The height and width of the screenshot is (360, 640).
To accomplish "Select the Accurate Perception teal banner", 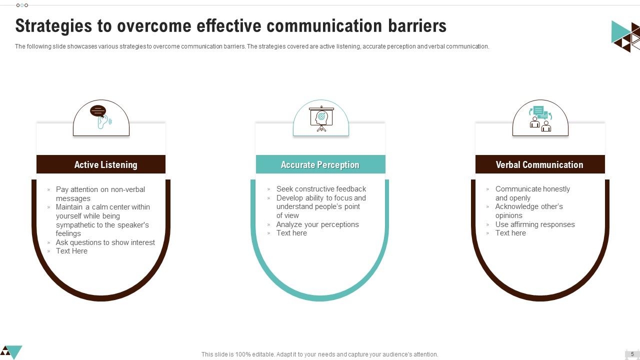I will [x=320, y=164].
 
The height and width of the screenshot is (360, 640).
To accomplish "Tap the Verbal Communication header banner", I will [x=540, y=164].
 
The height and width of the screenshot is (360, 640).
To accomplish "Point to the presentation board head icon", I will [x=321, y=118].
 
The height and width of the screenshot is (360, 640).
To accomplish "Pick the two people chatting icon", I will [x=540, y=118].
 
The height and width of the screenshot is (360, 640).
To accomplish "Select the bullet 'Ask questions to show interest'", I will [x=105, y=242].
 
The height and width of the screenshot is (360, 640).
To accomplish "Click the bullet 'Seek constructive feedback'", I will [x=321, y=189].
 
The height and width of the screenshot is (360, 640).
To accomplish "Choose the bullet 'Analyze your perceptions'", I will [x=317, y=224].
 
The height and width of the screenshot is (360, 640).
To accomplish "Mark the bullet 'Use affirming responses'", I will [x=535, y=224].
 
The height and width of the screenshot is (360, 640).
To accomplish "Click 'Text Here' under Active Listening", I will [x=71, y=251].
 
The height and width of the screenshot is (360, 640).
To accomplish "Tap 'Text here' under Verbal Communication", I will [x=510, y=233].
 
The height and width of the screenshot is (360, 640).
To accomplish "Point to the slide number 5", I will [x=632, y=354].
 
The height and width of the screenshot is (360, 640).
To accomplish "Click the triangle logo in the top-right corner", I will [x=625, y=35].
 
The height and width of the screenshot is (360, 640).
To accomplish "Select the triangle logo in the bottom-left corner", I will [x=11, y=351].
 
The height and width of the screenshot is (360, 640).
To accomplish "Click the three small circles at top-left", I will [x=22, y=5].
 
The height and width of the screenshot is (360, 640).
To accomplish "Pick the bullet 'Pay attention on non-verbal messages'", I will [x=100, y=193].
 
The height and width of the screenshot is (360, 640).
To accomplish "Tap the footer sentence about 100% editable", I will [x=319, y=354].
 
